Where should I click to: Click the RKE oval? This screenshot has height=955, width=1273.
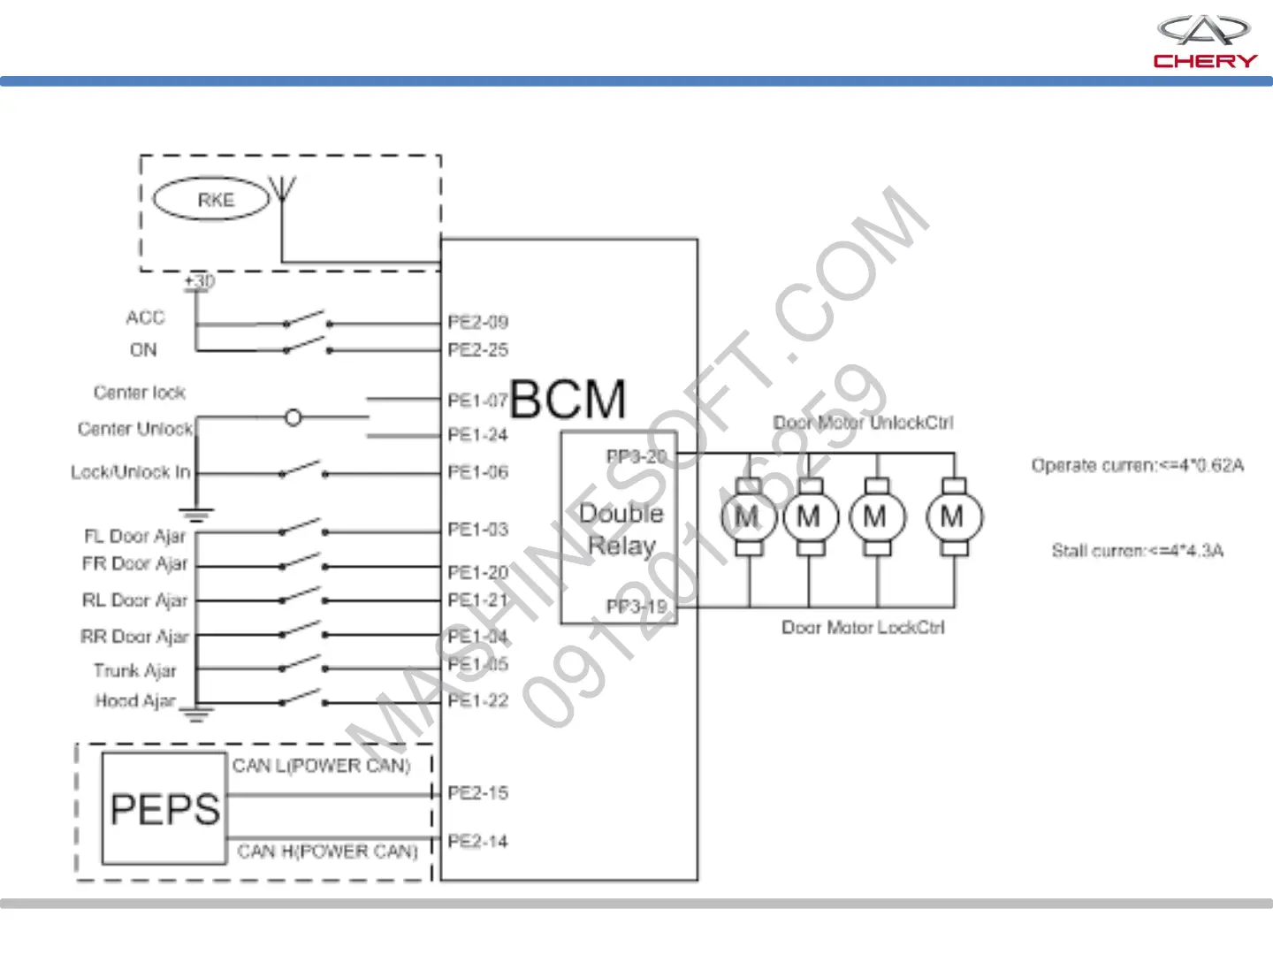pyautogui.click(x=212, y=200)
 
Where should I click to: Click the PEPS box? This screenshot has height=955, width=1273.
pyautogui.click(x=164, y=808)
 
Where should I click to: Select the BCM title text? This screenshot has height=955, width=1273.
pyautogui.click(x=568, y=399)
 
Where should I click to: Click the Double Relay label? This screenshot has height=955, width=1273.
pyautogui.click(x=621, y=530)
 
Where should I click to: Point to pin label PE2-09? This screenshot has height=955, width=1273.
pyautogui.click(x=478, y=322)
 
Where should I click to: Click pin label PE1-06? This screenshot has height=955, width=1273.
pyautogui.click(x=478, y=472)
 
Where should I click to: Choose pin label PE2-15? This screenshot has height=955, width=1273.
pyautogui.click(x=478, y=793)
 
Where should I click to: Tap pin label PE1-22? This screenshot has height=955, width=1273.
pyautogui.click(x=478, y=701)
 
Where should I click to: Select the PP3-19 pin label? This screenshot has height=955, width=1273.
pyautogui.click(x=636, y=607)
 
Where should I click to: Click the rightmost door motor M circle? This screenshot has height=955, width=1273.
pyautogui.click(x=954, y=517)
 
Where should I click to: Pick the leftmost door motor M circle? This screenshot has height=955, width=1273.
pyautogui.click(x=748, y=517)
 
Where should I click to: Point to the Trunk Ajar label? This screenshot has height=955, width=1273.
pyautogui.click(x=135, y=671)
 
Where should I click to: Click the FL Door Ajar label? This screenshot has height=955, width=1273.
pyautogui.click(x=135, y=536)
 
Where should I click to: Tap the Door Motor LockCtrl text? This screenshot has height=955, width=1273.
pyautogui.click(x=863, y=628)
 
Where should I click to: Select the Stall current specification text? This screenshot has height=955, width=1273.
pyautogui.click(x=1138, y=551)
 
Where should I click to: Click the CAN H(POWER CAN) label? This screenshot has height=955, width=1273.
pyautogui.click(x=327, y=852)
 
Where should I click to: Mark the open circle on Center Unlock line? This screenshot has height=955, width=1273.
pyautogui.click(x=293, y=417)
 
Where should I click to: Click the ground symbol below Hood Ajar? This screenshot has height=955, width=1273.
pyautogui.click(x=196, y=714)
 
